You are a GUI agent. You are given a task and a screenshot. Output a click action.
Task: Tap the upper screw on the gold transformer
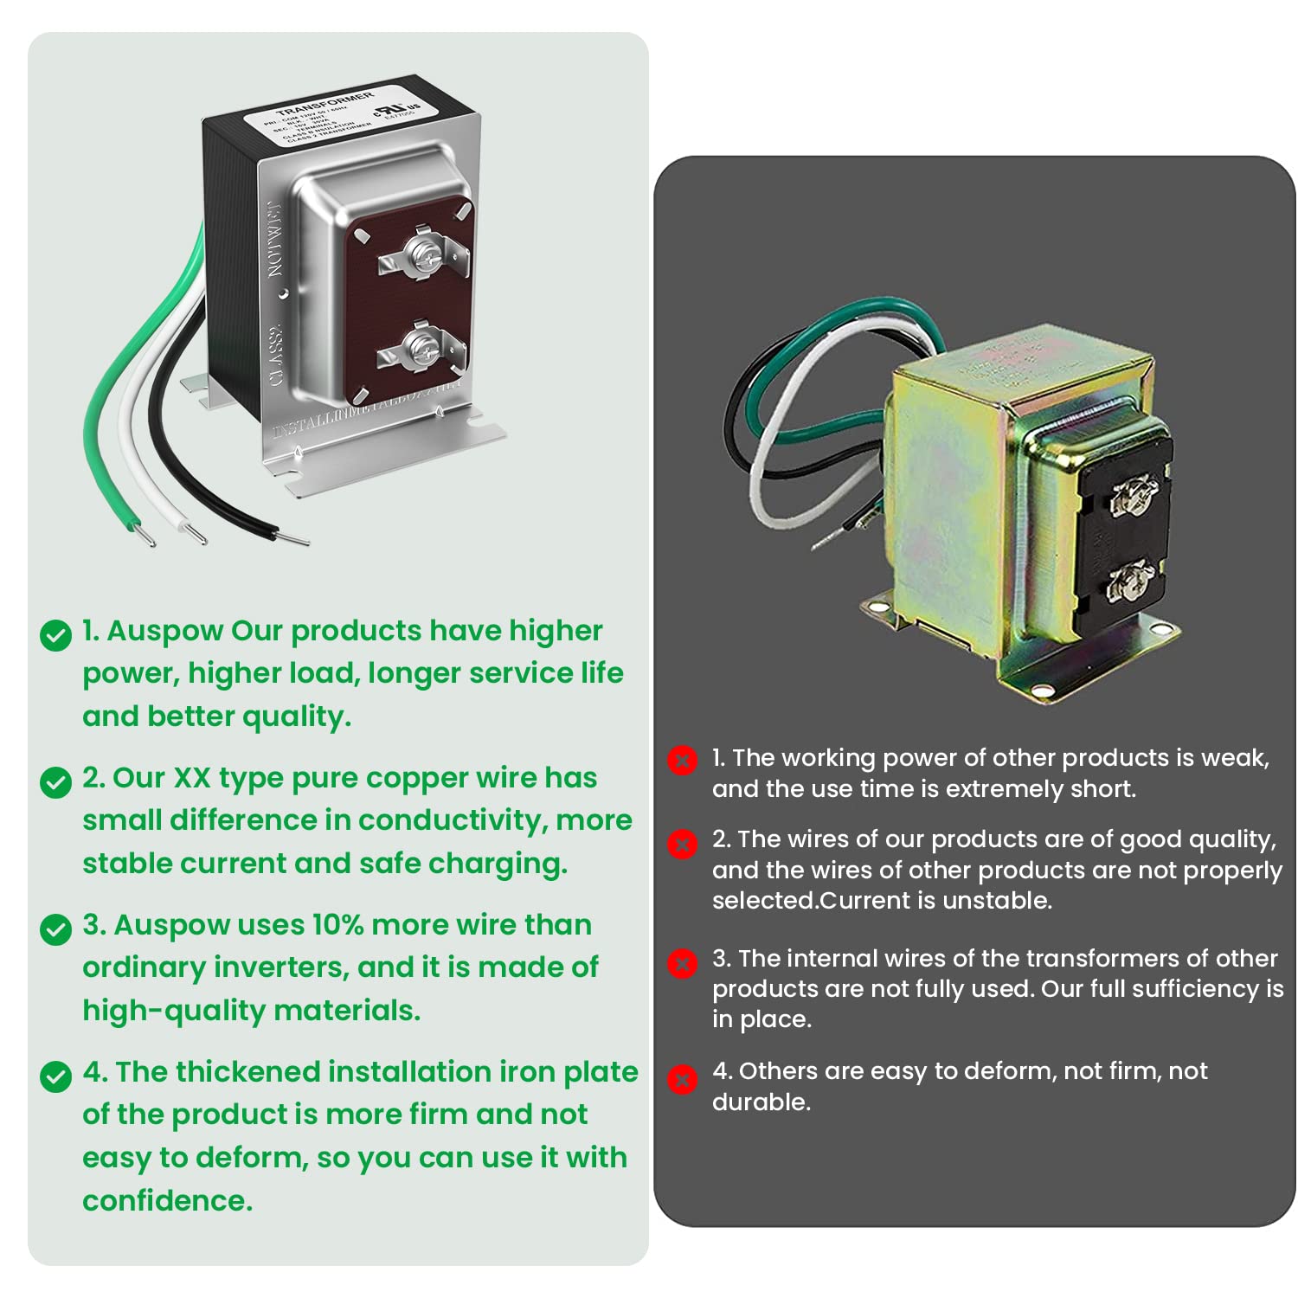(1129, 496)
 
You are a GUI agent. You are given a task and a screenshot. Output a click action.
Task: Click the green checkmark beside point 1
(56, 635)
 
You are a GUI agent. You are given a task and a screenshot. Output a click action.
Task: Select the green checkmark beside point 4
(56, 1076)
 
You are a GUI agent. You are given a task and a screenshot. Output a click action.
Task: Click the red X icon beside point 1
(682, 761)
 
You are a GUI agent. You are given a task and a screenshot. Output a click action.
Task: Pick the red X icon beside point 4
(682, 1079)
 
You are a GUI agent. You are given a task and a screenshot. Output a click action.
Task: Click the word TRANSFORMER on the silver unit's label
(324, 104)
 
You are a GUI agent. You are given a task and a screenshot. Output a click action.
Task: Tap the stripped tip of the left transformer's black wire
(292, 539)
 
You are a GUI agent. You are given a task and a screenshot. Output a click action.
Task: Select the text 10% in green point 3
(337, 925)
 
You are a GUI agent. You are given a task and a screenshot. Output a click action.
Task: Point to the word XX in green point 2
(192, 778)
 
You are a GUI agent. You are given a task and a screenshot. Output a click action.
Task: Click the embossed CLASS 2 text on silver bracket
(276, 355)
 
